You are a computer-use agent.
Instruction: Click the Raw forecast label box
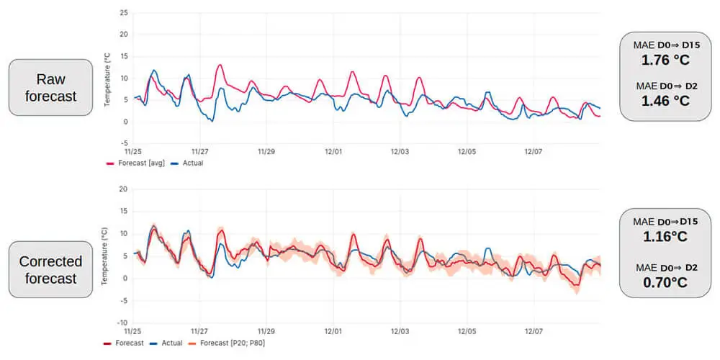tap(50, 87)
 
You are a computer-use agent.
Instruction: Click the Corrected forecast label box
tap(50, 270)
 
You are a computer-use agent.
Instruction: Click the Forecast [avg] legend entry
tap(136, 163)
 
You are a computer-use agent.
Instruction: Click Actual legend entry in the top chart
tap(189, 163)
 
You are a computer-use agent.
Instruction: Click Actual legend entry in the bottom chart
tap(168, 343)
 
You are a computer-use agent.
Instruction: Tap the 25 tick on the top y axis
tap(124, 13)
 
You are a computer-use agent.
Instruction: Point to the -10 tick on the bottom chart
tap(122, 323)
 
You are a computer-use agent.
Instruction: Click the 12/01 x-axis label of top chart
tap(333, 152)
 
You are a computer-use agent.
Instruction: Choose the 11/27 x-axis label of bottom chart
tap(199, 331)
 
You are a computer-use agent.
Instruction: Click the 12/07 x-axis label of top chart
tap(533, 152)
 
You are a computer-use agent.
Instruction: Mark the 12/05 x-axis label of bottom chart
tap(467, 331)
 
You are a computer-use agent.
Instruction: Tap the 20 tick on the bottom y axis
tap(124, 189)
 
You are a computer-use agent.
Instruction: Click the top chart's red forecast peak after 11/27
tap(219, 66)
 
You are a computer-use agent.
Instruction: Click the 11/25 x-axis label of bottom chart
tap(133, 331)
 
